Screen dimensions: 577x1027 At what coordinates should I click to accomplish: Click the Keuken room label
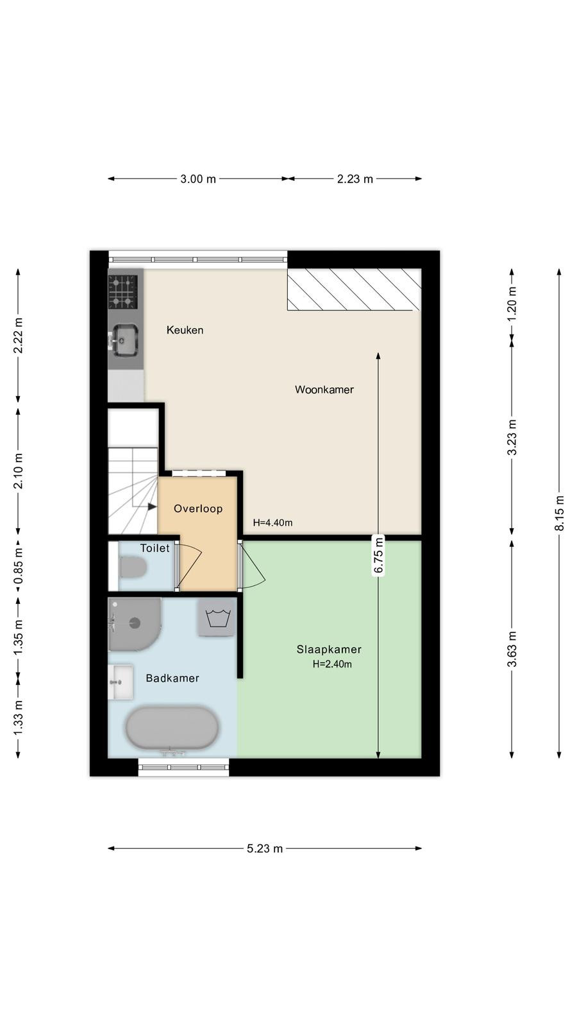185,330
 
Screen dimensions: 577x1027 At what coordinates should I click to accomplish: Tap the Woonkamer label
324,390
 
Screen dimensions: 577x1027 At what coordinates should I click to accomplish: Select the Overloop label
198,508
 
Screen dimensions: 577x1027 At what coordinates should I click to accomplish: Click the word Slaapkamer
329,649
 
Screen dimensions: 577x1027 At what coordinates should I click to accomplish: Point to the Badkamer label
172,678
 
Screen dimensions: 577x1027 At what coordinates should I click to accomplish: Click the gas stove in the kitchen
122,291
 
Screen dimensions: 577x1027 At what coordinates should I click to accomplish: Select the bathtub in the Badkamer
172,728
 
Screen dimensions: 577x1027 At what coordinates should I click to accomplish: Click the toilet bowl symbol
133,567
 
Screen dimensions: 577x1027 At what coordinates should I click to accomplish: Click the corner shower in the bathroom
135,624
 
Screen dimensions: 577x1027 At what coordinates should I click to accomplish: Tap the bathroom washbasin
121,682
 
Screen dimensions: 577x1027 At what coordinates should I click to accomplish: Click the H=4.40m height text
272,522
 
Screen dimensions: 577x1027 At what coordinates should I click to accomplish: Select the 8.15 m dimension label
559,513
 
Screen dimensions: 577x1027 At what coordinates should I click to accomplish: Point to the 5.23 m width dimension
265,849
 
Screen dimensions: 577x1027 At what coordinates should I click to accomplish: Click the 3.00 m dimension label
198,179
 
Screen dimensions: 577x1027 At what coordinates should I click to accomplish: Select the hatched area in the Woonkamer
354,289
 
